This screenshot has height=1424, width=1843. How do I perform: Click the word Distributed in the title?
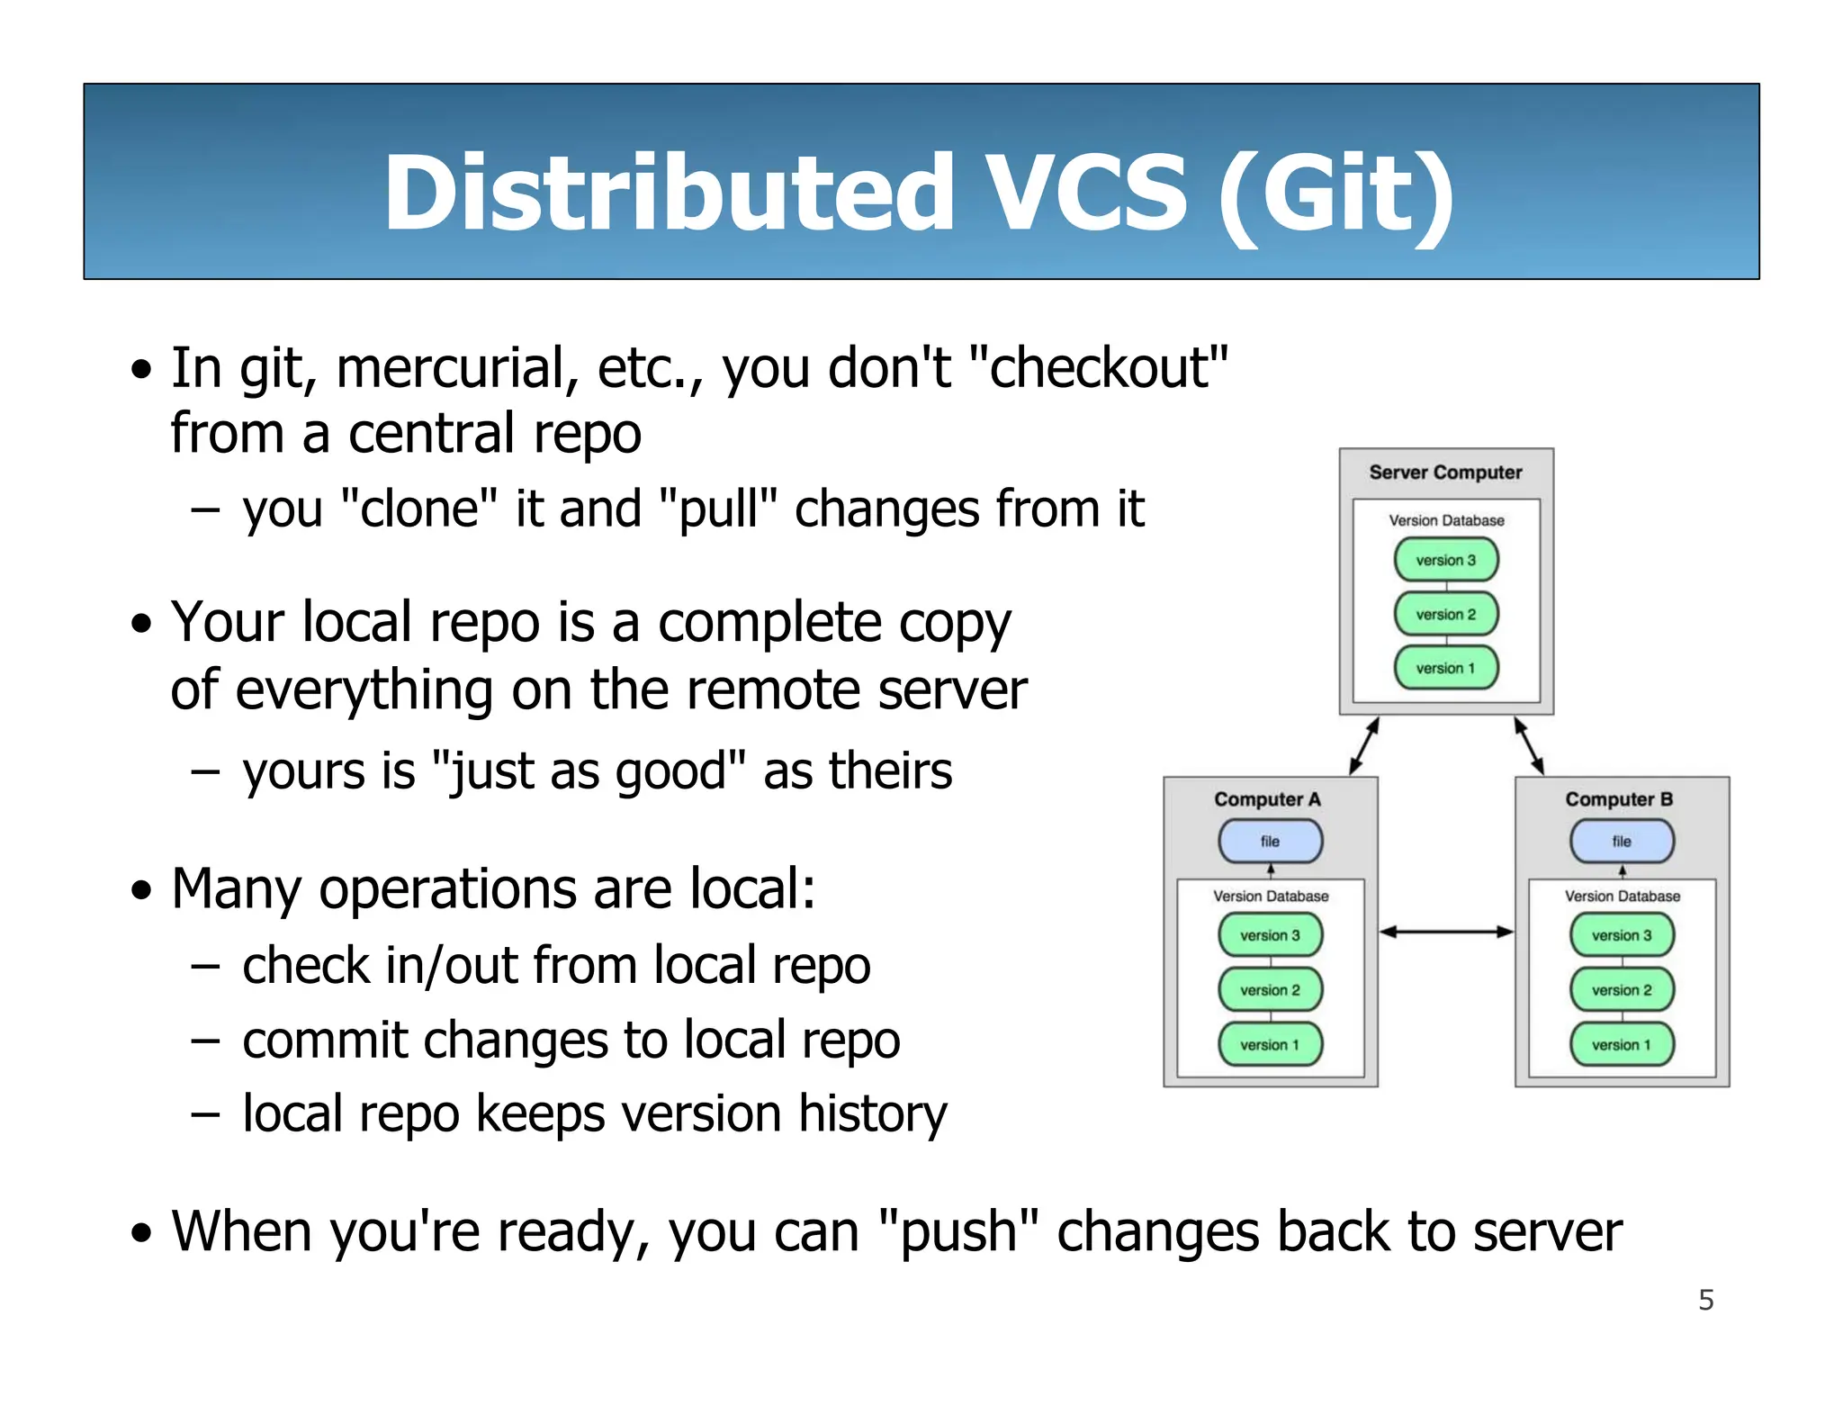pos(669,193)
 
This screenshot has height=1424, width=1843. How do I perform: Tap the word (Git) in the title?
pos(1335,194)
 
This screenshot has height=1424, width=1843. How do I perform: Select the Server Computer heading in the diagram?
pos(1445,473)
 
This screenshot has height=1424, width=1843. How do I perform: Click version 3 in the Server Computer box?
pos(1446,560)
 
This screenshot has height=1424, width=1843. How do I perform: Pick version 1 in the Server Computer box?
pos(1446,668)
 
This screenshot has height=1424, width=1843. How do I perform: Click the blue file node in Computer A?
pos(1270,842)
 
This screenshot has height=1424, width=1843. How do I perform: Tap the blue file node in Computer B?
pos(1622,842)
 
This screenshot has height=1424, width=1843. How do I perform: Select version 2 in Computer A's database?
pos(1270,990)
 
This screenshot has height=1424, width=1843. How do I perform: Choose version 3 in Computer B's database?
pos(1622,935)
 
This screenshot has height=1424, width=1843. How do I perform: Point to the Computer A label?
pos(1267,799)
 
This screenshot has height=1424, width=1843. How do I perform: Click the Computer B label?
pos(1619,799)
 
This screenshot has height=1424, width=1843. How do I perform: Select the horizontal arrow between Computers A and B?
pos(1446,932)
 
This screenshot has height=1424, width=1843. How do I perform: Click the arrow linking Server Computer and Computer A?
pos(1364,745)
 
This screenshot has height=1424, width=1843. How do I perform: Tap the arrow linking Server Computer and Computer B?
pos(1529,745)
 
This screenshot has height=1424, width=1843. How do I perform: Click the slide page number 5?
pos(1705,1300)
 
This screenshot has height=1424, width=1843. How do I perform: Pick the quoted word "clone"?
pos(419,509)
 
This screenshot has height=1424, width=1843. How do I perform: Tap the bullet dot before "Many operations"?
pos(141,890)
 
